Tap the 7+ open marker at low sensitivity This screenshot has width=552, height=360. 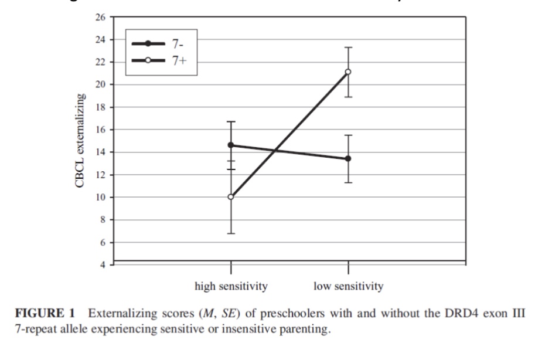(348, 72)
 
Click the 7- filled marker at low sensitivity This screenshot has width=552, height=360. (348, 158)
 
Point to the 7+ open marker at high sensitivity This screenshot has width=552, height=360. (231, 197)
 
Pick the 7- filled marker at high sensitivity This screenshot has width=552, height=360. (231, 145)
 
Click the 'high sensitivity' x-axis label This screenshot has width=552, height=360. (231, 287)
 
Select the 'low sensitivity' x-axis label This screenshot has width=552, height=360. (348, 287)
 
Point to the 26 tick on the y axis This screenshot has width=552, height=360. (101, 18)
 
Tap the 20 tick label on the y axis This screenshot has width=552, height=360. (101, 85)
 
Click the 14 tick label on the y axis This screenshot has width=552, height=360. (101, 152)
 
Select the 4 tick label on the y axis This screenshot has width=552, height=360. (103, 264)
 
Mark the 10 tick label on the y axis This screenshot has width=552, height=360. (101, 198)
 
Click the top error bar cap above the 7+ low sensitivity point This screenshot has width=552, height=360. (348, 47)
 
